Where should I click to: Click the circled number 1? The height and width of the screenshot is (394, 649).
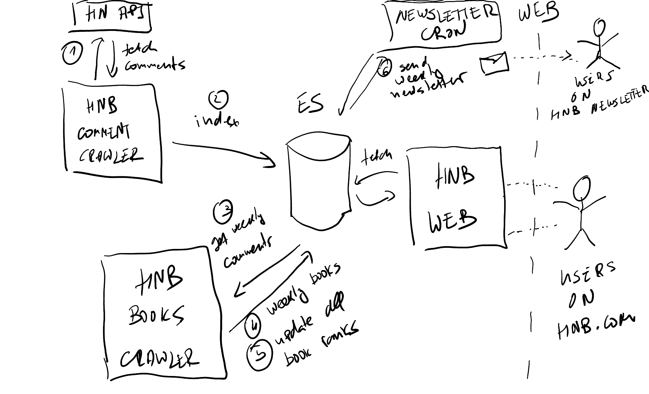[x=72, y=53]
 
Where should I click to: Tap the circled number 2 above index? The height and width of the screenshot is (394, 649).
[x=218, y=99]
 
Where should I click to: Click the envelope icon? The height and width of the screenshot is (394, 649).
[x=493, y=63]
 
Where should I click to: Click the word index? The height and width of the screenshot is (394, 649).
[x=217, y=121]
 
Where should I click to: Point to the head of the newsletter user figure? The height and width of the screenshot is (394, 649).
[x=599, y=28]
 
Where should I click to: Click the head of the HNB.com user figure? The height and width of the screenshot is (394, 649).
[x=581, y=189]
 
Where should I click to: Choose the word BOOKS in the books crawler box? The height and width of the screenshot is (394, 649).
[x=156, y=315]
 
